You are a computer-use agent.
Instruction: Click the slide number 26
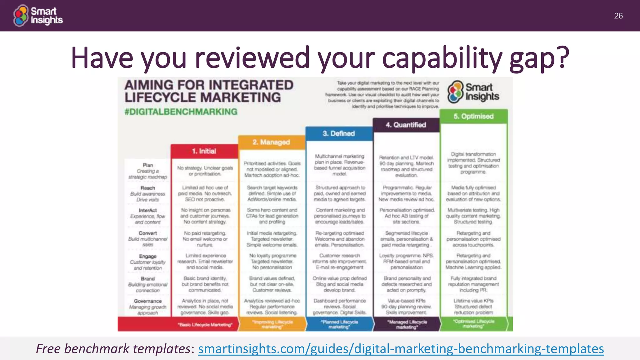[x=618, y=16]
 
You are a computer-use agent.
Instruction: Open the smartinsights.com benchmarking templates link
[x=401, y=349]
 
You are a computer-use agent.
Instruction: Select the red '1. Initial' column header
[x=204, y=151]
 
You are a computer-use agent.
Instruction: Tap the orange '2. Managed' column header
[x=271, y=142]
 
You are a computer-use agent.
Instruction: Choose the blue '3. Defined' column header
[x=339, y=134]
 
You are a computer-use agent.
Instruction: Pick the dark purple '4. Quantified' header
[x=406, y=125]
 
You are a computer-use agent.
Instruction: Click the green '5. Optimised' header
[x=473, y=116]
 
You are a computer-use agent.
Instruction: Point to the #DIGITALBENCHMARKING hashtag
[x=181, y=112]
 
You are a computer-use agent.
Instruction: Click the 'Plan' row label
[x=148, y=165]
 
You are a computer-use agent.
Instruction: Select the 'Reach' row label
[x=148, y=188]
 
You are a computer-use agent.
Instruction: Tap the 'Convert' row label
[x=148, y=233]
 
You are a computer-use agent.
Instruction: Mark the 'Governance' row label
[x=148, y=301]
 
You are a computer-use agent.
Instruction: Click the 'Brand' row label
[x=148, y=278]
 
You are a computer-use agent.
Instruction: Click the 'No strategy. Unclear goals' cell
[x=205, y=171]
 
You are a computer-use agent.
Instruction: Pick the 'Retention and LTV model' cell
[x=406, y=166]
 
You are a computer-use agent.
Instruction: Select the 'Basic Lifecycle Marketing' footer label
[x=205, y=325]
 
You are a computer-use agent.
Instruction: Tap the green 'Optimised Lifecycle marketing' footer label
[x=473, y=324]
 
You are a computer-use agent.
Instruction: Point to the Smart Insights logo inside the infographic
[x=473, y=92]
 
